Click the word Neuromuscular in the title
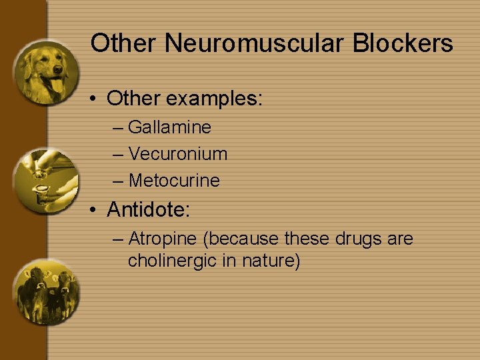pyautogui.click(x=255, y=44)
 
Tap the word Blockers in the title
pyautogui.click(x=403, y=44)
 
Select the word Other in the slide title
pyautogui.click(x=124, y=44)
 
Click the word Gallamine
pyautogui.click(x=169, y=127)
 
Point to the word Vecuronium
pyautogui.click(x=178, y=154)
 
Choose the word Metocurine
pyautogui.click(x=174, y=181)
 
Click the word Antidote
pyautogui.click(x=148, y=210)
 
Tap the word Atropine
pyautogui.click(x=163, y=239)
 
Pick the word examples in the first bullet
pyautogui.click(x=215, y=99)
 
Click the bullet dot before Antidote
pyautogui.click(x=95, y=211)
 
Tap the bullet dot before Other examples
pyautogui.click(x=95, y=99)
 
